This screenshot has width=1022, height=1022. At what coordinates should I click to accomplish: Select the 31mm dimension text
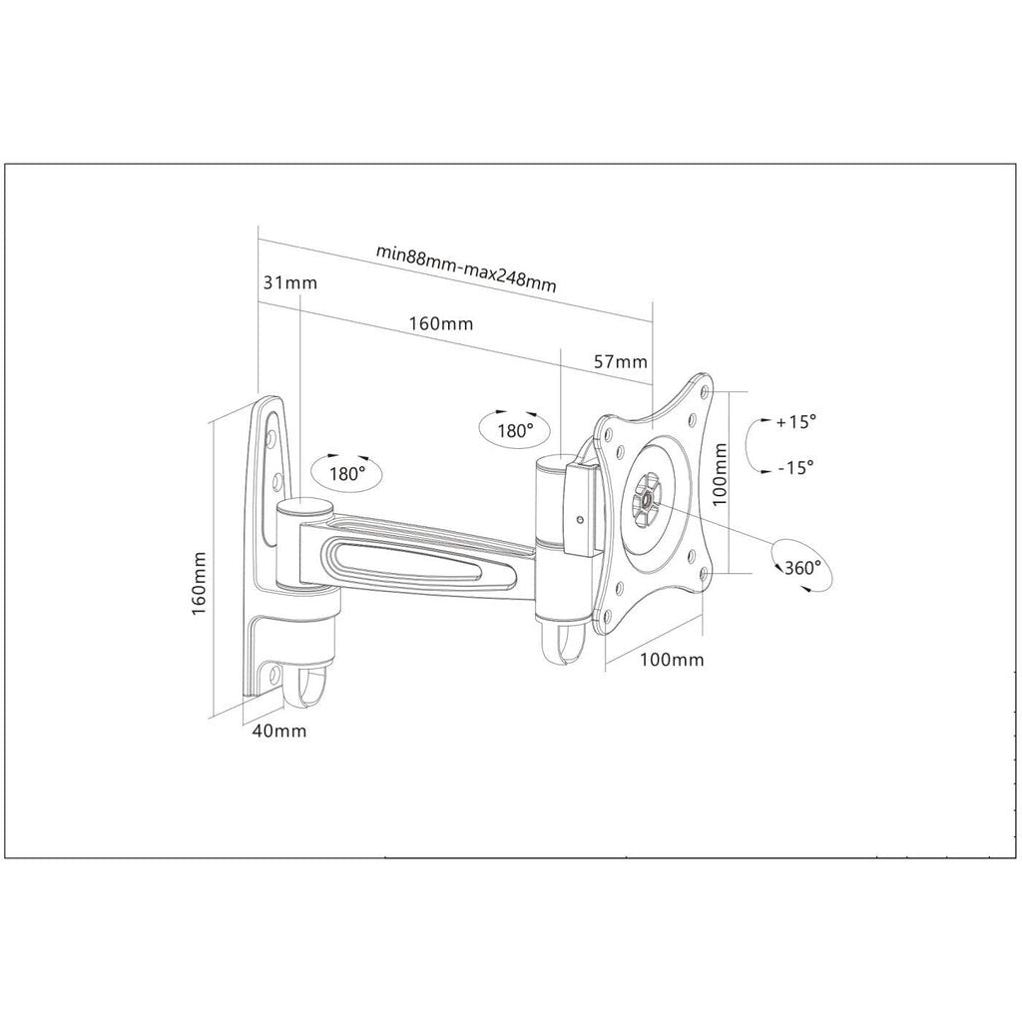[289, 282]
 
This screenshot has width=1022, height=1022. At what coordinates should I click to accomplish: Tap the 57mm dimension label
[620, 361]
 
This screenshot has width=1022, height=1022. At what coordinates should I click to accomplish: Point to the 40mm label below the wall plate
[279, 732]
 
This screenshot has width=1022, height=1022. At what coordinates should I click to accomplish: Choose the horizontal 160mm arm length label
[440, 324]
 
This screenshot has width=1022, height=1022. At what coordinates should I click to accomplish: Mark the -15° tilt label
[792, 466]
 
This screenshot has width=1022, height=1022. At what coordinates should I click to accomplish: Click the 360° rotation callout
[802, 567]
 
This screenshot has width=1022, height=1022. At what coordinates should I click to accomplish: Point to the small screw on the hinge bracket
[580, 519]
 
